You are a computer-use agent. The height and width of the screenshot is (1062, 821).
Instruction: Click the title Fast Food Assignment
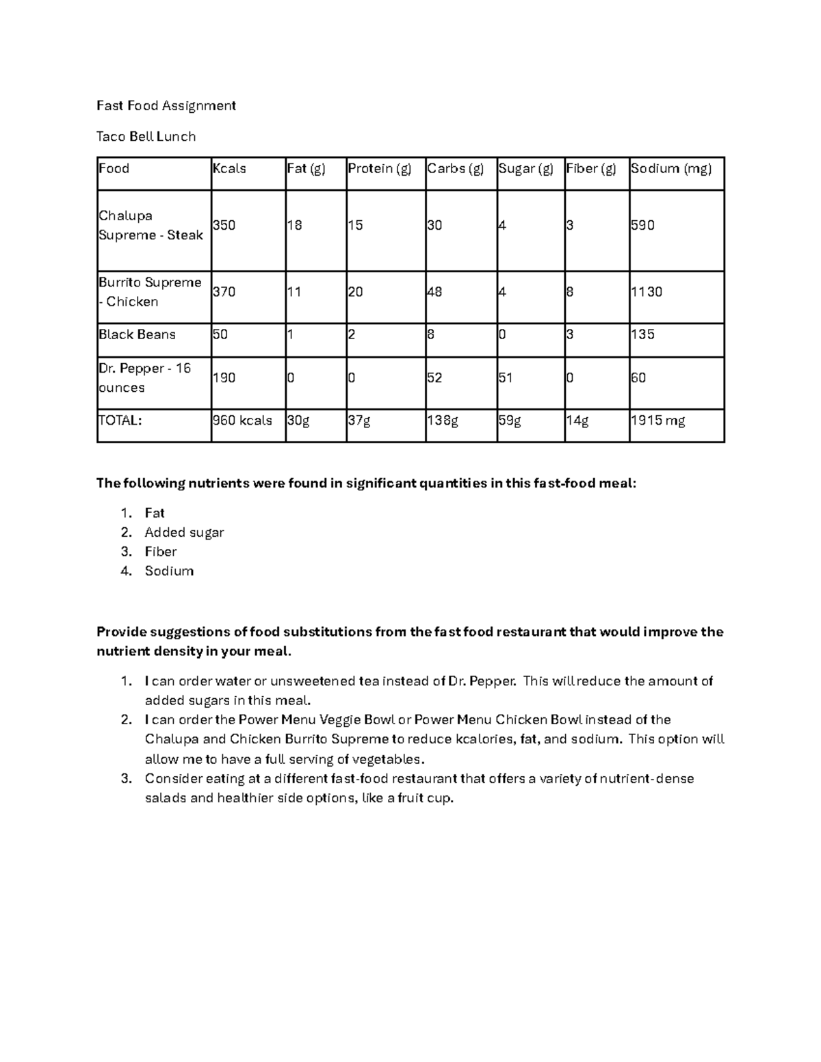(x=166, y=105)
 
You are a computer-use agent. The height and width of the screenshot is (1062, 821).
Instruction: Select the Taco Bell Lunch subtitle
(x=146, y=136)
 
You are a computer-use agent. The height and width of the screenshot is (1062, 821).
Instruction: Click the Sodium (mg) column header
(x=671, y=168)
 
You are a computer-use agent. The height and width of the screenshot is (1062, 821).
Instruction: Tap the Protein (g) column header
(x=380, y=168)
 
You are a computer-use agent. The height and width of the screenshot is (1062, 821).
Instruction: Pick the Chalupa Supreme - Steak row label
(x=151, y=225)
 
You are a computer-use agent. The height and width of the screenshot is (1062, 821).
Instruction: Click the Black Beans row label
(x=137, y=334)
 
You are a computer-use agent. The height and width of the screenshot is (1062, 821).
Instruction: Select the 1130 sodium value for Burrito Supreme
(x=647, y=292)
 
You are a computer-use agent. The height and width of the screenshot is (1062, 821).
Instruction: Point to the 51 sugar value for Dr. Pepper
(x=508, y=377)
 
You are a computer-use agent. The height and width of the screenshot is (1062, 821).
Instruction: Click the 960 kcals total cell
(x=242, y=421)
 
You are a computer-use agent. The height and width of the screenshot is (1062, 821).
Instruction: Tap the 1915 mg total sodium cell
(x=657, y=421)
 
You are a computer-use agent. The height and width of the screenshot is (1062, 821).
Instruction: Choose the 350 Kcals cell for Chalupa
(x=224, y=225)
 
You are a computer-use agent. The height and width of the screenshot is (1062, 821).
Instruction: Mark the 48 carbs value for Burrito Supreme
(x=434, y=292)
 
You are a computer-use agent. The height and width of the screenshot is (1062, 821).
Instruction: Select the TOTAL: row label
(x=120, y=421)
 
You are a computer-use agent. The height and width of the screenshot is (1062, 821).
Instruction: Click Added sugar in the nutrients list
(x=184, y=532)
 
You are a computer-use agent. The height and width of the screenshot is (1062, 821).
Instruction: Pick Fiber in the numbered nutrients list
(x=161, y=551)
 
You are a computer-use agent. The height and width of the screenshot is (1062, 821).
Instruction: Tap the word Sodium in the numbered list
(x=169, y=571)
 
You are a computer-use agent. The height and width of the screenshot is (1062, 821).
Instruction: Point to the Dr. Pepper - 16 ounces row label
(x=144, y=377)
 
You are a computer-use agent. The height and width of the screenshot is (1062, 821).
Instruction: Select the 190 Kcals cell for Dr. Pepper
(x=224, y=377)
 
